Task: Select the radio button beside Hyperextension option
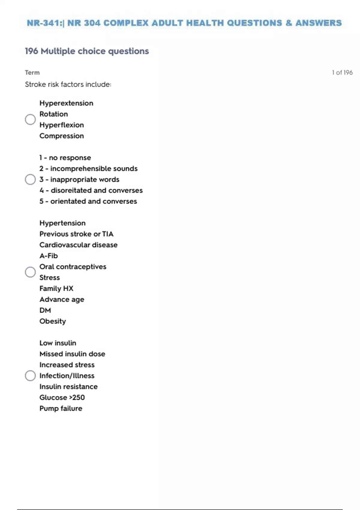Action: [30, 119]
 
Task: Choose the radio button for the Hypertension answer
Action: [30, 272]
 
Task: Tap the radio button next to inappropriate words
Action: [30, 179]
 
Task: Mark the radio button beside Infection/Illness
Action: [30, 376]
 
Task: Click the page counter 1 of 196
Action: [342, 73]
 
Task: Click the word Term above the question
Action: [32, 73]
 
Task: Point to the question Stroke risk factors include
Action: [68, 85]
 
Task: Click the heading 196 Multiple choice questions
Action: [87, 51]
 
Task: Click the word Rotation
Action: [54, 114]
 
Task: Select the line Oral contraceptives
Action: [73, 267]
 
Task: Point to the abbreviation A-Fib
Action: [49, 256]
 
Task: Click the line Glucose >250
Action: [62, 397]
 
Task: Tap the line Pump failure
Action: [61, 408]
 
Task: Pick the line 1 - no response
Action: [65, 158]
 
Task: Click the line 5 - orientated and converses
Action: [88, 201]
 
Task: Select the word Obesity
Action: [52, 321]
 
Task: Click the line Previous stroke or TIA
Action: [76, 234]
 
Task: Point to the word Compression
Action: [61, 136]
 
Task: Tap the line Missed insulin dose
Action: [72, 354]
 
